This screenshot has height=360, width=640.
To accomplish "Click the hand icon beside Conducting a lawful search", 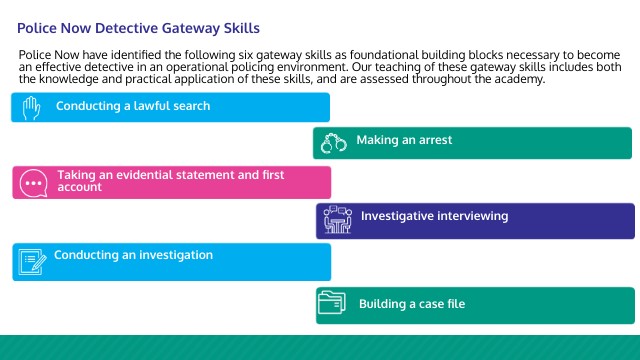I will coord(31,106).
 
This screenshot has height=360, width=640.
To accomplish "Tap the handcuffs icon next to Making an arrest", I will coord(333,143).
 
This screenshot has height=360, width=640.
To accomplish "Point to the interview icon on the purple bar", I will coord(336,220).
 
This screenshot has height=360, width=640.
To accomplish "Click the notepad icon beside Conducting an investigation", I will coord(32,262).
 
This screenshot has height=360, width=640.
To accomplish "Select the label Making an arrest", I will coord(404,140).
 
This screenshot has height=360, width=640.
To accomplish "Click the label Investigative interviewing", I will coord(434,216).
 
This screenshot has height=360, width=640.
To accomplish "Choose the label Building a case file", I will coord(412,304).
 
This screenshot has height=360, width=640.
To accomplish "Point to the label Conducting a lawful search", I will coord(132,105).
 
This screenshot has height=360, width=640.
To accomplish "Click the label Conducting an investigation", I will coord(133,255).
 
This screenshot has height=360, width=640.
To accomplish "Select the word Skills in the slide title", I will coord(247,29).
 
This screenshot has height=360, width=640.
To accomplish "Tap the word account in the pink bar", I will coord(79,187).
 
